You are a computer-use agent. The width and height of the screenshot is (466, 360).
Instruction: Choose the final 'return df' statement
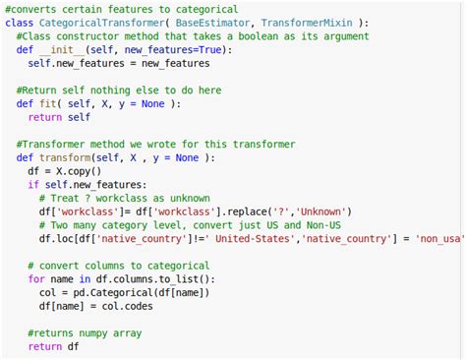53,347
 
